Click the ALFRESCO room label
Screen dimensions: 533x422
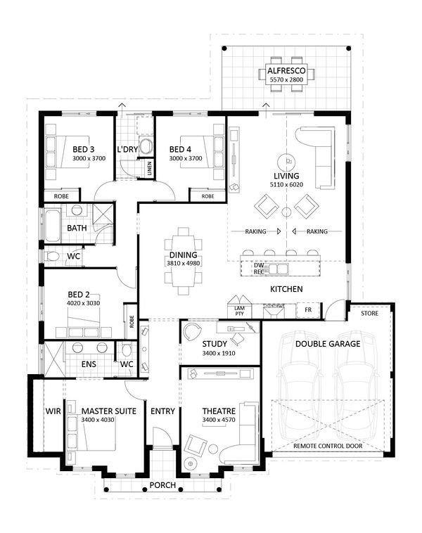(284, 71)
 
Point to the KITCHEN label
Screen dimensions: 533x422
(287, 290)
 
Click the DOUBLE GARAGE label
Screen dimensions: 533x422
(327, 344)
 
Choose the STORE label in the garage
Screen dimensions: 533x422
(369, 314)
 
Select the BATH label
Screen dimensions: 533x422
(77, 229)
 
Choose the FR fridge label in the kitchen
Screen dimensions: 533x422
(307, 309)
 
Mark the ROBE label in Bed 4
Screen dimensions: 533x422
(207, 196)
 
